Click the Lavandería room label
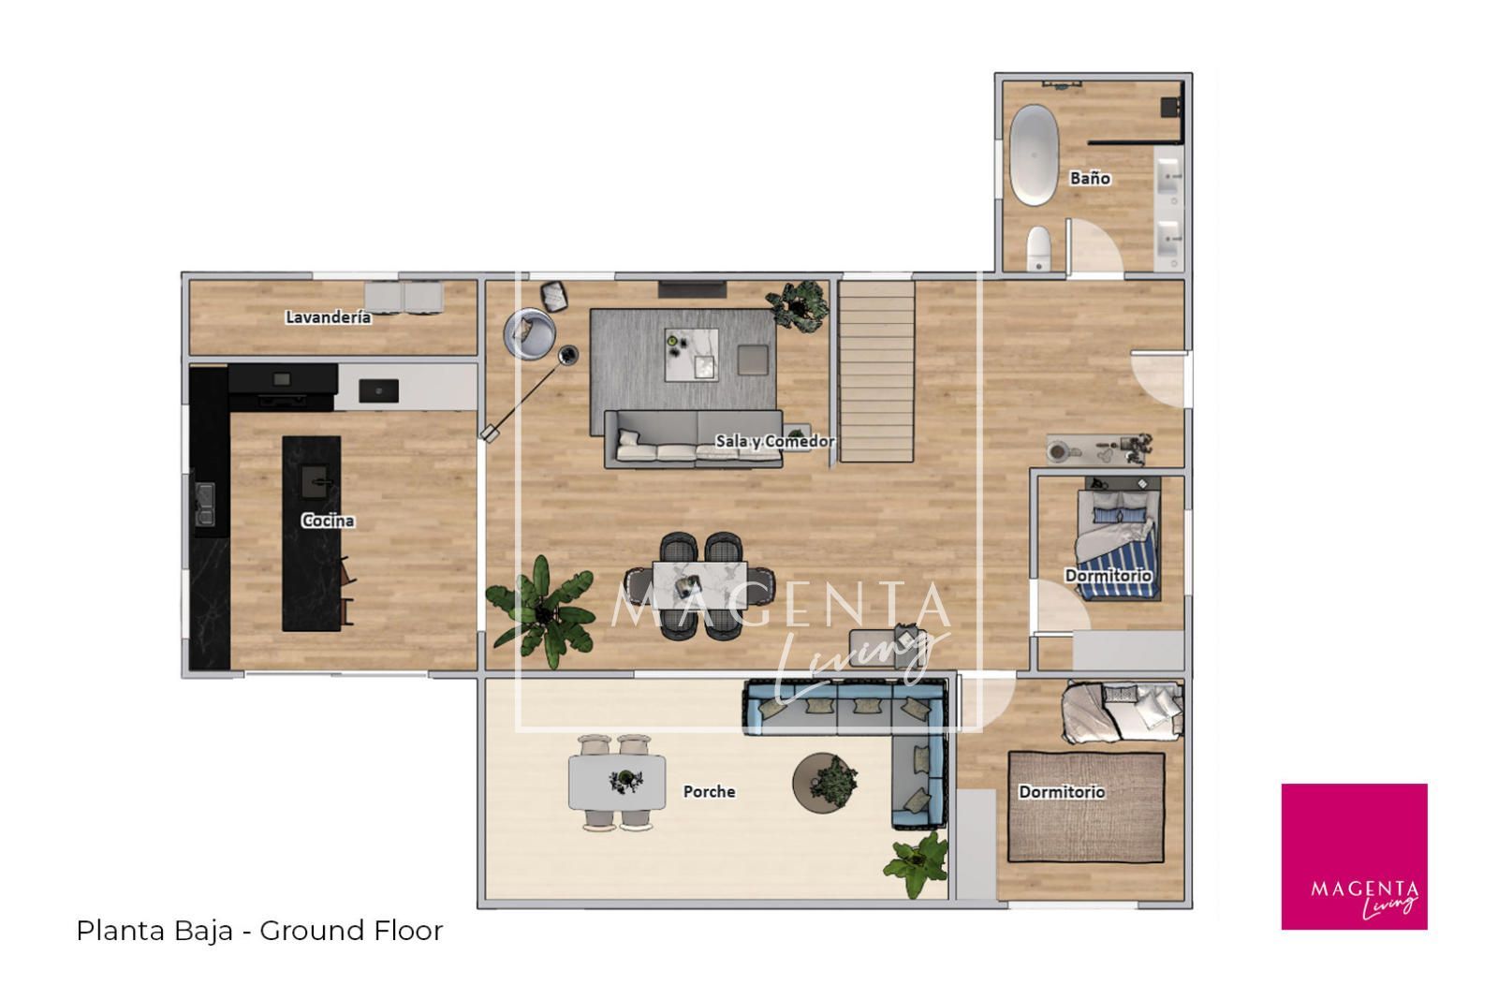click(329, 317)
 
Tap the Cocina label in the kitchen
click(328, 521)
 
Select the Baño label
click(1090, 178)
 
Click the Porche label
click(709, 792)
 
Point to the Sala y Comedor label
click(775, 441)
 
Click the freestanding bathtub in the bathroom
click(1034, 154)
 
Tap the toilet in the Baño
click(1038, 248)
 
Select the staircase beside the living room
click(876, 371)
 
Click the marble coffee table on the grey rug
click(692, 355)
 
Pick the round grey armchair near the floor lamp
click(530, 333)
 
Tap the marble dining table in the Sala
click(699, 585)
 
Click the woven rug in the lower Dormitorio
click(1086, 807)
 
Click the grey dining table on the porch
click(617, 783)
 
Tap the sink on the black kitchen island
click(315, 481)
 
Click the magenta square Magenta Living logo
click(1354, 857)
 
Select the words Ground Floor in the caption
click(351, 930)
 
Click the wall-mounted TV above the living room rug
click(692, 289)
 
